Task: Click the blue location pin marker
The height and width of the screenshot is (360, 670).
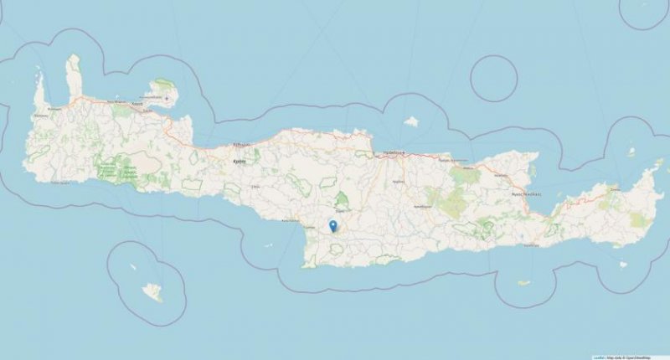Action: (x=332, y=225)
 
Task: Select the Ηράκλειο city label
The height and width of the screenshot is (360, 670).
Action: (x=394, y=153)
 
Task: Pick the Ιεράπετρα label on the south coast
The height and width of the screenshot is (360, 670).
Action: (x=530, y=245)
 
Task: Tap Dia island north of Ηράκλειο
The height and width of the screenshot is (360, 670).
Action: (x=410, y=121)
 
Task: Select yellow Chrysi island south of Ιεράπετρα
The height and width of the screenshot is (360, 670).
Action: (x=523, y=283)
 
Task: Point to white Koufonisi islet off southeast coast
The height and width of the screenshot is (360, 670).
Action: (x=622, y=265)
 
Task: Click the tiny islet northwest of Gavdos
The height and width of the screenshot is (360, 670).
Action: (x=133, y=268)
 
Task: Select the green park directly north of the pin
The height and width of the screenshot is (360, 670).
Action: (x=342, y=200)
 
